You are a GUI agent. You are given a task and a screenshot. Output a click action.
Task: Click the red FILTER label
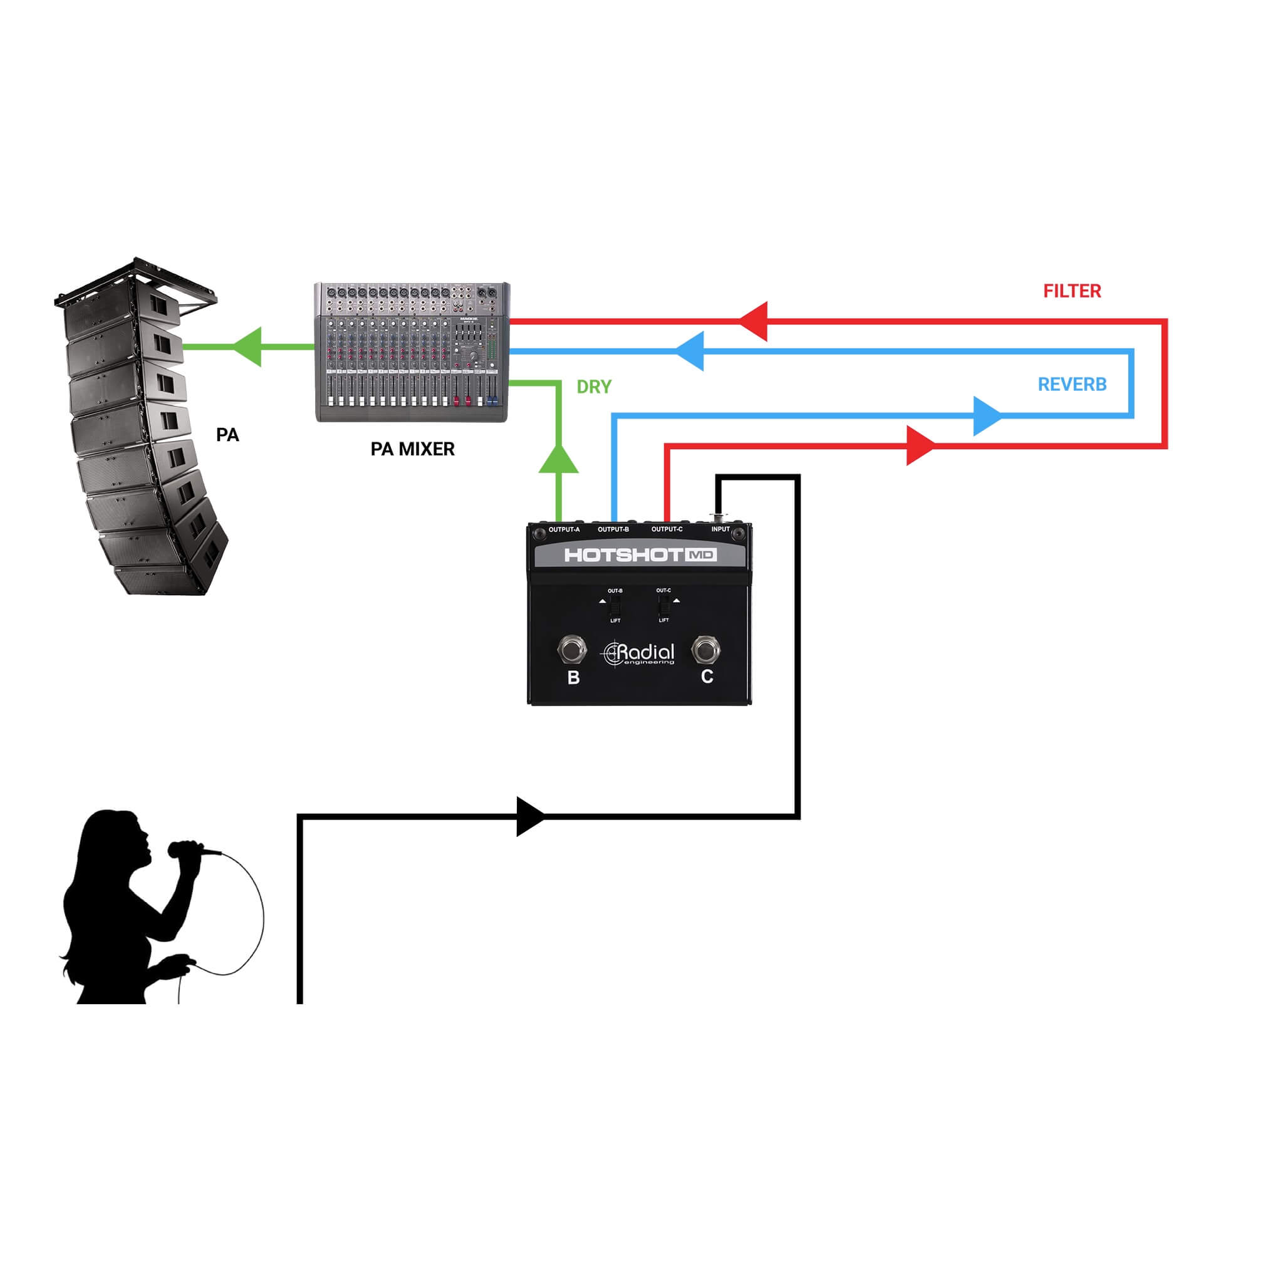pos(1071,291)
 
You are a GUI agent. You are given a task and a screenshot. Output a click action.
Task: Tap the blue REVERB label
pos(1071,385)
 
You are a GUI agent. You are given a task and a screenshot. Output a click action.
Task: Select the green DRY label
pos(594,387)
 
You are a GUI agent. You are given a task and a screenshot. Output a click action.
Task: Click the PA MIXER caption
pos(412,449)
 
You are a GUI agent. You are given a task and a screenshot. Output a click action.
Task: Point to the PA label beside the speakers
pos(227,435)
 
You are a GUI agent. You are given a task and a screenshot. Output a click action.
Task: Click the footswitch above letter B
pos(572,650)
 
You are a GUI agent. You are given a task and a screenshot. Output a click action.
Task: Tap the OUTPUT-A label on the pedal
pos(564,529)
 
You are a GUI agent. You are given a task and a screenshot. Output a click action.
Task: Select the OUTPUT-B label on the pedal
pos(613,529)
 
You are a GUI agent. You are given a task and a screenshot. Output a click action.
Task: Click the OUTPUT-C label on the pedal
pos(667,529)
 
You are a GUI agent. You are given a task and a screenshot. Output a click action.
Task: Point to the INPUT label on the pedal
pos(720,529)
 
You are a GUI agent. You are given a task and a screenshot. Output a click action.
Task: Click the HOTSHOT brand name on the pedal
pos(623,554)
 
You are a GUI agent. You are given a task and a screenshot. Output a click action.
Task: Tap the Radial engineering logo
pos(638,653)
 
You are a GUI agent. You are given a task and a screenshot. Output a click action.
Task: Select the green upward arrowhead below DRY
pos(558,459)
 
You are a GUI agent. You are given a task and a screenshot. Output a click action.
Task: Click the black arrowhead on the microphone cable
pos(530,816)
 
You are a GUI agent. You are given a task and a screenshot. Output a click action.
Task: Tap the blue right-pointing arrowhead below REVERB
pos(987,416)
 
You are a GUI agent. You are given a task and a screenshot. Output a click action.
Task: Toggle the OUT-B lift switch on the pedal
pos(615,605)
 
